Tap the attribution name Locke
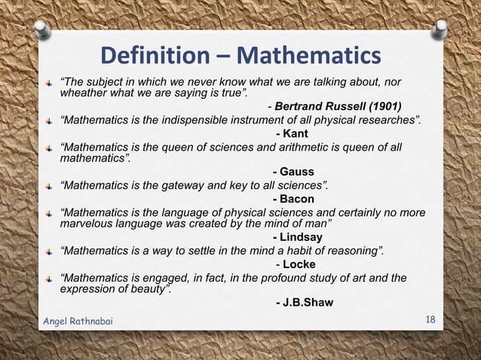point(299,264)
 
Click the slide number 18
point(430,320)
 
